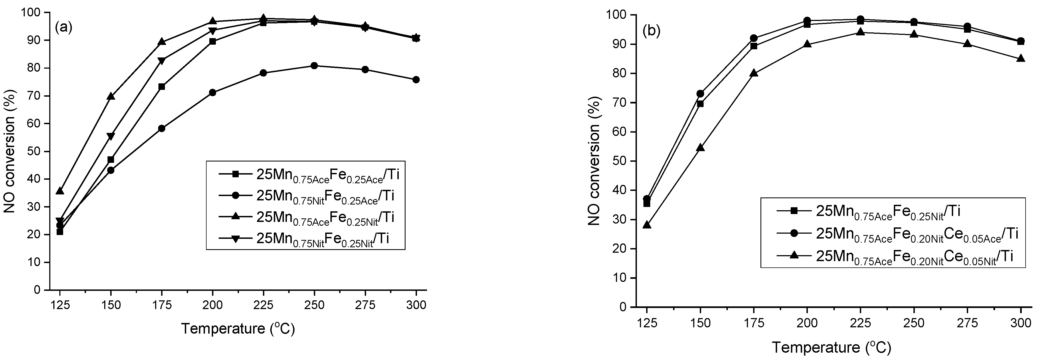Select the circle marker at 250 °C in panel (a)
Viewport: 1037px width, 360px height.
tap(314, 66)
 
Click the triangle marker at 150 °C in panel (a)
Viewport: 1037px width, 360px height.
tap(111, 96)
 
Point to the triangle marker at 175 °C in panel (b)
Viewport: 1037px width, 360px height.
tap(754, 73)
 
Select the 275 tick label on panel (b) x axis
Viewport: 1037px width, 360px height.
tap(967, 323)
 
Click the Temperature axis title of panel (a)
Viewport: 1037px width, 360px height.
tap(238, 329)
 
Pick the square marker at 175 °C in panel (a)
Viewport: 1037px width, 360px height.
tap(161, 87)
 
